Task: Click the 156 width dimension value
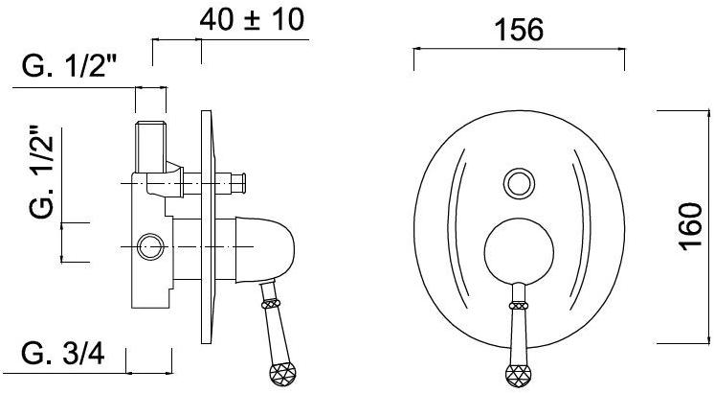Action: (519, 30)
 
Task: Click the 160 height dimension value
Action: (691, 227)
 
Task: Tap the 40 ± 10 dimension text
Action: (252, 19)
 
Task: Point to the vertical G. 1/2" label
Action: (41, 172)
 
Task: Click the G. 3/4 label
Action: (63, 354)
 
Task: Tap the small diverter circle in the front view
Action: (519, 183)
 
